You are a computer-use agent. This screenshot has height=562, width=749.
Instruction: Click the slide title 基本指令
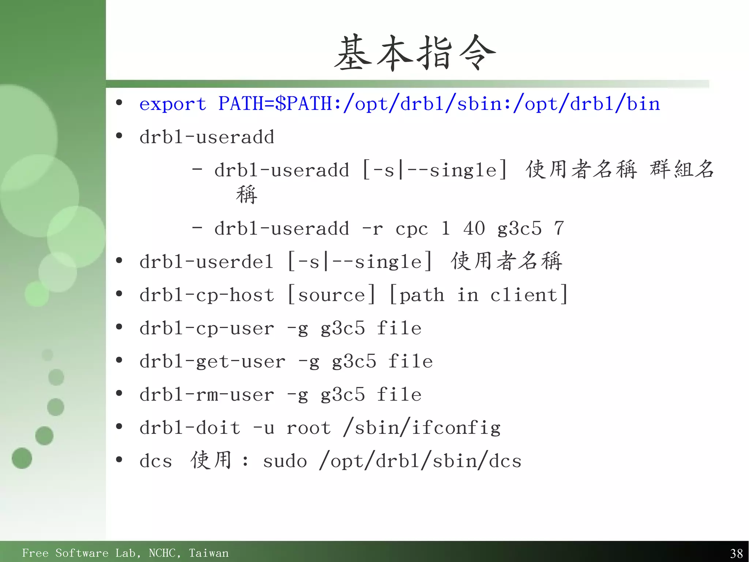[x=415, y=53]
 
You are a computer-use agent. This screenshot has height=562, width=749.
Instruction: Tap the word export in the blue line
[x=173, y=104]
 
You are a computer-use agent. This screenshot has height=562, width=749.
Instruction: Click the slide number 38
[x=736, y=553]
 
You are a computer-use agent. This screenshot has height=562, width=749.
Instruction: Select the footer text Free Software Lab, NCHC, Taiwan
[x=125, y=553]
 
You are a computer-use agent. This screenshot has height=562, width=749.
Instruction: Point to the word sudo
[x=285, y=461]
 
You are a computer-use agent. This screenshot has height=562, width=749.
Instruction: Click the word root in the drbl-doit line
[x=308, y=428]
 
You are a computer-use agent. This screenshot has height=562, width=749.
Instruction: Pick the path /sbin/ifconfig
[x=422, y=428]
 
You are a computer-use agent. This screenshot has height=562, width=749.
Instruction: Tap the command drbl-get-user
[x=212, y=362]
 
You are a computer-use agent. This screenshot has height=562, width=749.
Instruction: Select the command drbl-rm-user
[x=207, y=395]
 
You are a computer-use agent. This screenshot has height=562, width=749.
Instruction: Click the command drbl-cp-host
[x=207, y=295]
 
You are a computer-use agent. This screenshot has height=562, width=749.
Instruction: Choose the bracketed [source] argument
[x=332, y=295]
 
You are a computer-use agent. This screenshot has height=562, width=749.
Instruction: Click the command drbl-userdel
[x=207, y=262]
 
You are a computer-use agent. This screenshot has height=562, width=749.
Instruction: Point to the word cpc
[x=411, y=229]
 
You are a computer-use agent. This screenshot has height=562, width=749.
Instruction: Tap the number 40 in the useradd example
[x=474, y=228]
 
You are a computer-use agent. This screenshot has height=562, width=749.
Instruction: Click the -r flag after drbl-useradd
[x=372, y=229]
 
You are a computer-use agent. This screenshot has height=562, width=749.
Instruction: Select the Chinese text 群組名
[x=682, y=170]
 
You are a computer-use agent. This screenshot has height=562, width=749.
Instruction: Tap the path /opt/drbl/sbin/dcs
[x=420, y=461]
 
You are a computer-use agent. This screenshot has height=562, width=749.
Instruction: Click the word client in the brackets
[x=524, y=295]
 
